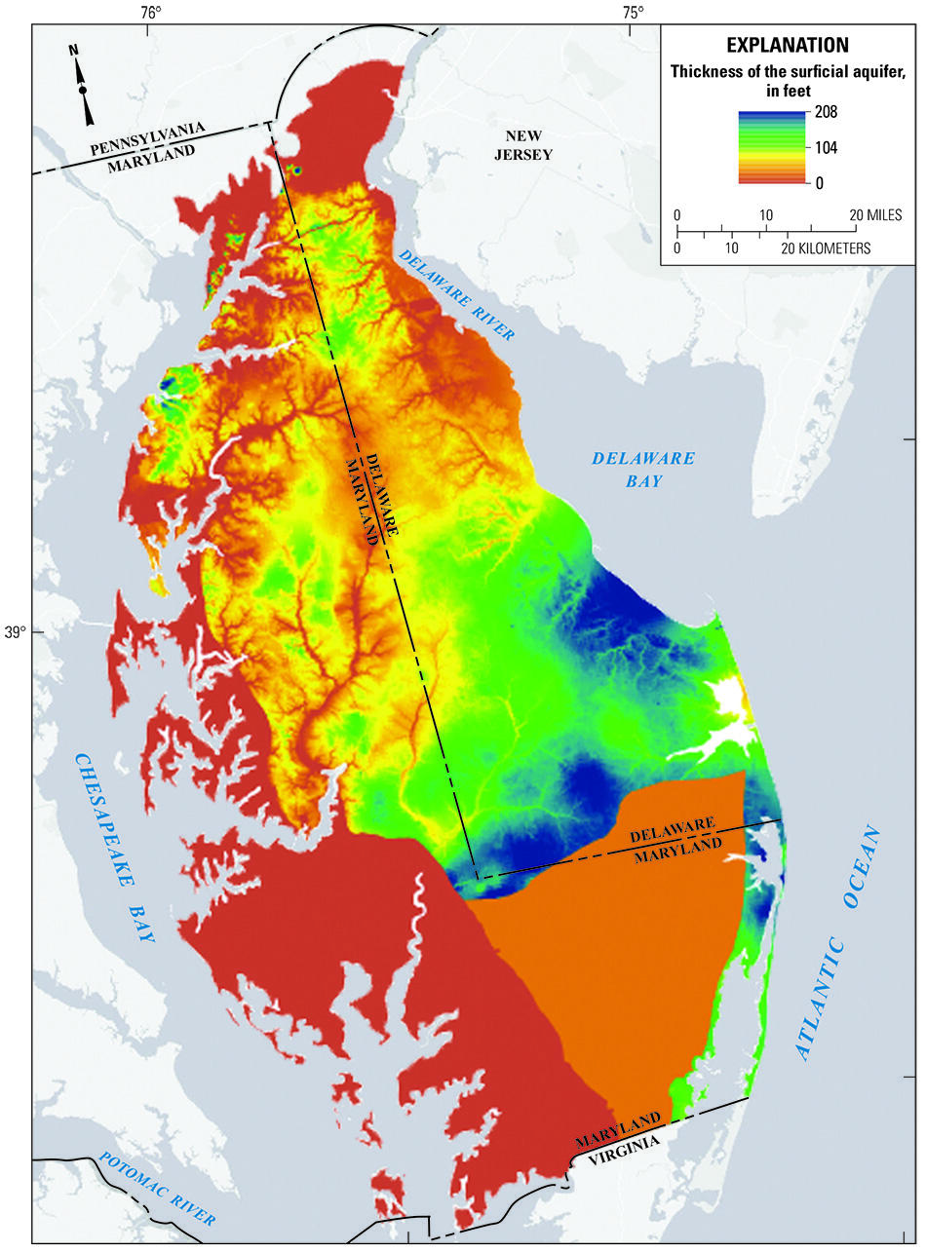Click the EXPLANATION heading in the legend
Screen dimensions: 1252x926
pos(787,45)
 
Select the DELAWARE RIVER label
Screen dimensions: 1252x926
pos(456,293)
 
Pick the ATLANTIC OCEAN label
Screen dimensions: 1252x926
pos(837,944)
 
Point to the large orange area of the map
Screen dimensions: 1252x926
pos(624,955)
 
